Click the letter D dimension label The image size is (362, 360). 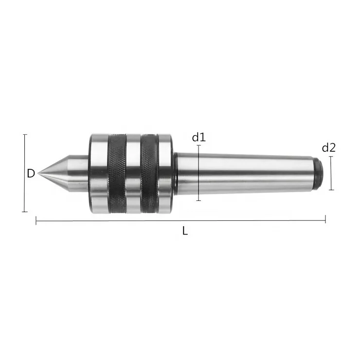tap(31, 173)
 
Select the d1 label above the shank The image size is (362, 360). tap(199, 137)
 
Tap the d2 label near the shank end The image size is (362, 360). tap(329, 147)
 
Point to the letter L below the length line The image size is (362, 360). tap(185, 231)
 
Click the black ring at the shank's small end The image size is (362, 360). tap(317, 173)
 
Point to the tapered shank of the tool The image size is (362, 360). tap(243, 173)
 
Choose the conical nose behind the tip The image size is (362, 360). tap(61, 173)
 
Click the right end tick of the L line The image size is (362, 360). tap(325, 221)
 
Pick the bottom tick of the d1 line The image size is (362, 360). tap(199, 200)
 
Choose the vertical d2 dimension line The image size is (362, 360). tap(331, 173)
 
